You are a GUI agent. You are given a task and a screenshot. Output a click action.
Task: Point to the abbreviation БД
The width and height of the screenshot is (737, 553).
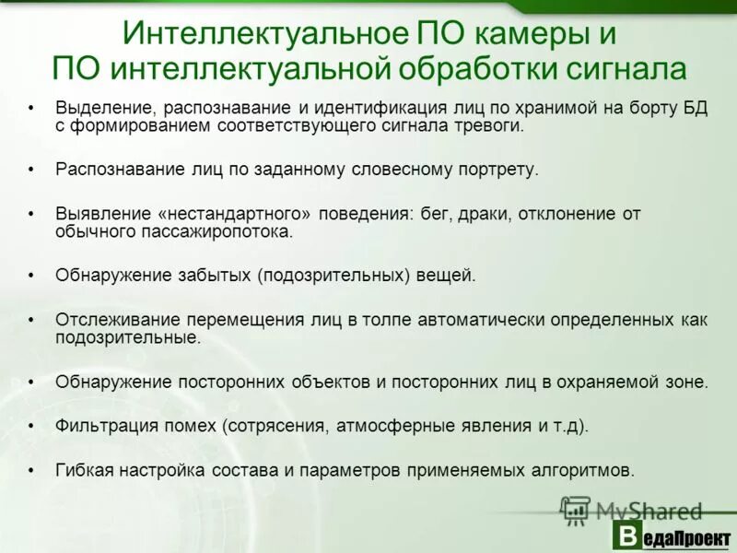click(694, 109)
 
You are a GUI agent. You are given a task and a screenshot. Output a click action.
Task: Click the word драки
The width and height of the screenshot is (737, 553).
click(480, 214)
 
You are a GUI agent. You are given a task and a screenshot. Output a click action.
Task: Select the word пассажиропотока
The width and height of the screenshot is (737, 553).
click(219, 231)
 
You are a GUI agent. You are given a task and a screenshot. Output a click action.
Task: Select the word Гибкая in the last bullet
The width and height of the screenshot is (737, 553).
click(83, 470)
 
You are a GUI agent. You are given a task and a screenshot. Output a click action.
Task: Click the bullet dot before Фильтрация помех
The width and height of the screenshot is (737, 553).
click(32, 426)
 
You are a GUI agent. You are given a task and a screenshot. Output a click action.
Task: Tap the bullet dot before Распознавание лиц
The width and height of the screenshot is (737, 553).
click(32, 171)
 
